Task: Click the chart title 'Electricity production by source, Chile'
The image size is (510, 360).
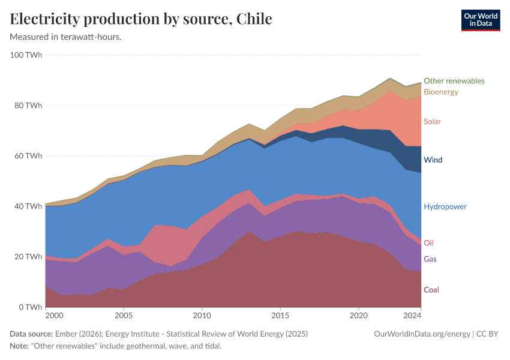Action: point(141,19)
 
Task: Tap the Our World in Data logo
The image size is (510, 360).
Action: point(480,20)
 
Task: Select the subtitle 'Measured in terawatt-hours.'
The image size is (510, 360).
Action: point(66,37)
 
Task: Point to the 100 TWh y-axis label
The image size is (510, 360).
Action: point(26,55)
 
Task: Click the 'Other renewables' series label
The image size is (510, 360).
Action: point(454,80)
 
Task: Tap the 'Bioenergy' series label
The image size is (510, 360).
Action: point(440,92)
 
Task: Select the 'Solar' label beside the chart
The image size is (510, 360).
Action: point(432,121)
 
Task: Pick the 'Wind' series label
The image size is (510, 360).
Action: point(433,160)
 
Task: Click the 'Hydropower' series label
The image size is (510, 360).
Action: point(445,206)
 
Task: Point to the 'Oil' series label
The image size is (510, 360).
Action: point(428,243)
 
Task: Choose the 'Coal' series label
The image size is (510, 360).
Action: point(431,290)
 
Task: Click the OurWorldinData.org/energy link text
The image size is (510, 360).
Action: point(422,334)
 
